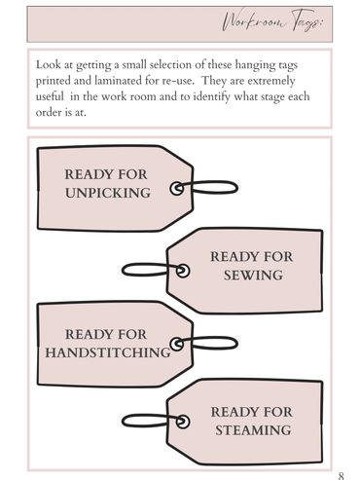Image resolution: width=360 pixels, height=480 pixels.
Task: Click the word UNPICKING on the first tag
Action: (x=108, y=193)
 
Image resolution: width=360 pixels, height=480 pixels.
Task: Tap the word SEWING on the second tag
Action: (x=253, y=276)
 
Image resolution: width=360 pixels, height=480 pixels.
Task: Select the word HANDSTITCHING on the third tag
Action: (x=108, y=352)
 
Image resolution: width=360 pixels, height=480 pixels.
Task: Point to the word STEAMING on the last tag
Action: (x=253, y=430)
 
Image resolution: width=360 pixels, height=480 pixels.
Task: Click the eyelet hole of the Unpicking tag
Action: (x=177, y=189)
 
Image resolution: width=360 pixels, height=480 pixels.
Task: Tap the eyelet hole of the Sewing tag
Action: (x=183, y=271)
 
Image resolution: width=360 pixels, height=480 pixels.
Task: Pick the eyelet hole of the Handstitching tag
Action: (x=177, y=345)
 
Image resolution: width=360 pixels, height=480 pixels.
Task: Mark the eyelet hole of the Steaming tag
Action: (x=183, y=422)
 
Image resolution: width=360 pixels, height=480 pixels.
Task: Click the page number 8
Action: (x=341, y=476)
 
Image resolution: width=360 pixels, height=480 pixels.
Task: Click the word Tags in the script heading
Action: (x=307, y=21)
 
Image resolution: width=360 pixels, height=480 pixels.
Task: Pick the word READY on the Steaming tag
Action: (x=233, y=412)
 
